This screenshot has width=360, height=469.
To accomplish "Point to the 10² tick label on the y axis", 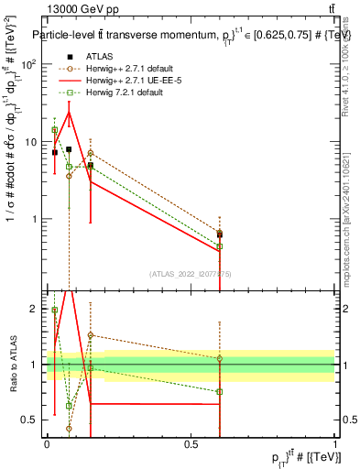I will pyautogui.click(x=31, y=64).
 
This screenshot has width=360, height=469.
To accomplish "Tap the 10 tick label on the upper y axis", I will pyautogui.click(x=33, y=142).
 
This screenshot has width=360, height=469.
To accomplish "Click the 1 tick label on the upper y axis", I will pyautogui.click(x=37, y=219).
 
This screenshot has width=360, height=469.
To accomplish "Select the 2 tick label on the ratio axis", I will pyautogui.click(x=36, y=309).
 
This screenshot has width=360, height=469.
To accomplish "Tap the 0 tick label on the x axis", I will pyautogui.click(x=47, y=443).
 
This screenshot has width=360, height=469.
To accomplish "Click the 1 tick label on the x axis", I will pyautogui.click(x=335, y=443).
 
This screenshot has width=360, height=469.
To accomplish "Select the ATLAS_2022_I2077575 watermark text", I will pyautogui.click(x=191, y=273).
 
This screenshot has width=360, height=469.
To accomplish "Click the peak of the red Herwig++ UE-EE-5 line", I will pyautogui.click(x=69, y=112).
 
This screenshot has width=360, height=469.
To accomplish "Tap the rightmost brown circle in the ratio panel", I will pyautogui.click(x=219, y=358).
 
